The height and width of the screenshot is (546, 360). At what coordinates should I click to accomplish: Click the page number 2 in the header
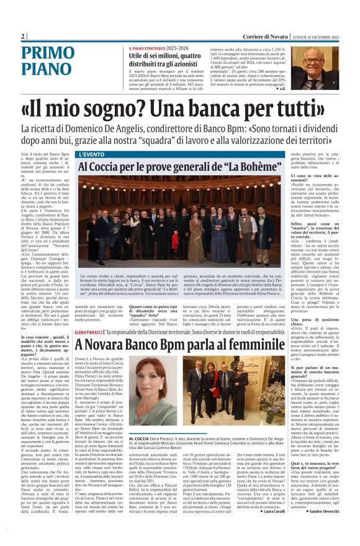click(x=23, y=35)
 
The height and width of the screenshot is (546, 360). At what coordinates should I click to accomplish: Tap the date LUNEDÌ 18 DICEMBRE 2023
click(x=315, y=36)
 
